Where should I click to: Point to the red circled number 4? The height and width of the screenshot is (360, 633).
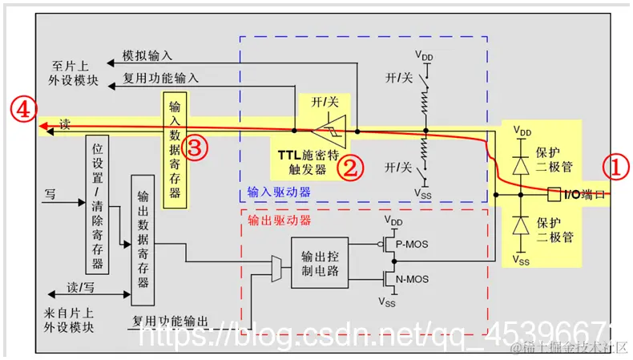(x=22, y=110)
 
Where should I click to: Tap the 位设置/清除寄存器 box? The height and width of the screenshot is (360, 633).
(x=97, y=204)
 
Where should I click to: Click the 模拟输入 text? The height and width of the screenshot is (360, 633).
(x=147, y=58)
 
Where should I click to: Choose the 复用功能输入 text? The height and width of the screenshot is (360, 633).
(x=160, y=78)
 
